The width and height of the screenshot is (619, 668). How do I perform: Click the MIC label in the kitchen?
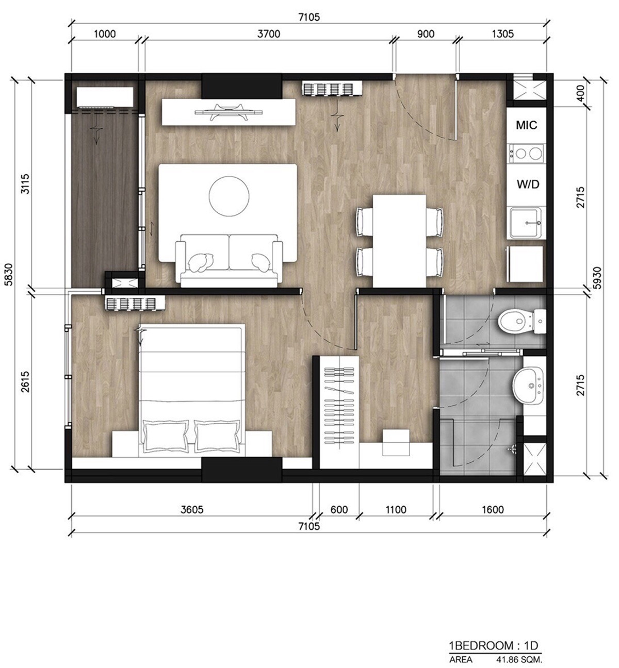point(526,125)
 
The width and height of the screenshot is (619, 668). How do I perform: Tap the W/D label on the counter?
point(528,184)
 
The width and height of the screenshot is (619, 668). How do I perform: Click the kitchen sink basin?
point(525,223)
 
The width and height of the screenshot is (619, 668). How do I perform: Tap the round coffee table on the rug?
point(229,196)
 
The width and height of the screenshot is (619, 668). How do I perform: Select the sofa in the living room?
point(229,261)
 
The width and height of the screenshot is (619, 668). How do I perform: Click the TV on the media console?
point(229,112)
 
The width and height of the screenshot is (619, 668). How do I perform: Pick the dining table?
point(399,241)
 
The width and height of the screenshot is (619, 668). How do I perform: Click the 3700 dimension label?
point(269,34)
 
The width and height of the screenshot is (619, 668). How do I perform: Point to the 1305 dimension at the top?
point(503,34)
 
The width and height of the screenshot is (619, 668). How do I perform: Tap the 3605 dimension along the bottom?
point(192,510)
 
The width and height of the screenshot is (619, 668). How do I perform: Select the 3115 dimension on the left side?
point(26,183)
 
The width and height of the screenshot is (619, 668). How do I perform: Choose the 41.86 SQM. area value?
point(519,659)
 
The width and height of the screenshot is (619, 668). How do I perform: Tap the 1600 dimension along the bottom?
point(493,510)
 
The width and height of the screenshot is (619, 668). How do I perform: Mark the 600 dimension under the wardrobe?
point(339,510)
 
